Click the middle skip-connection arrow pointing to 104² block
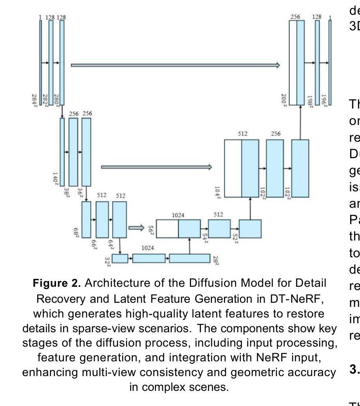157,167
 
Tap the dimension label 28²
216,259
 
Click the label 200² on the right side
284,99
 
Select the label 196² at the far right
324,100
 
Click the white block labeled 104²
232,168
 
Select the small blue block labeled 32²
120,259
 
